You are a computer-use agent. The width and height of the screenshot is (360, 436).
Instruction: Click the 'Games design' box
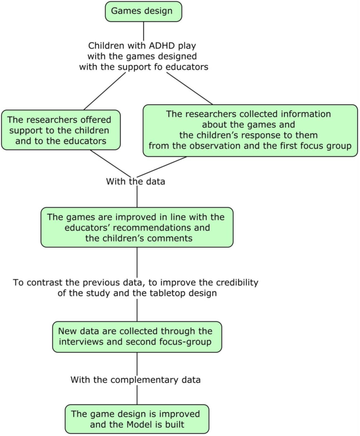pos(143,11)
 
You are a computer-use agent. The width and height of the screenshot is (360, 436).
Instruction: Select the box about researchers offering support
pos(61,129)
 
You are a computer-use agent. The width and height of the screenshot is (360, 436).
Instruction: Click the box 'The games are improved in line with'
pos(137,227)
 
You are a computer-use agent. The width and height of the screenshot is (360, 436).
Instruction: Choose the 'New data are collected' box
pos(137,337)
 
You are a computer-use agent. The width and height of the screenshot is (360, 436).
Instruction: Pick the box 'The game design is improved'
pos(137,419)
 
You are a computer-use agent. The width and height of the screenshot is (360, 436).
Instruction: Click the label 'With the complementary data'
pos(137,379)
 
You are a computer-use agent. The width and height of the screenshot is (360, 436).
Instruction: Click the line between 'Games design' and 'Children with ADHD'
pos(143,31)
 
